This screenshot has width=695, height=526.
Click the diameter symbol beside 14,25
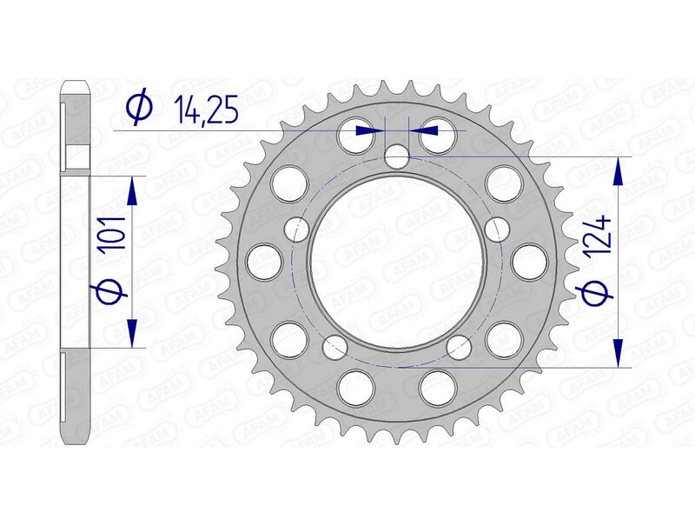pos(139,108)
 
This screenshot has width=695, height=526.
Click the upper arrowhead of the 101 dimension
pos(132,189)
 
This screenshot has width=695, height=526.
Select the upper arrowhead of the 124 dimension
pos(618,171)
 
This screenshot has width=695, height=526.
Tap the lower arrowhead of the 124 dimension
pos(618,351)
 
